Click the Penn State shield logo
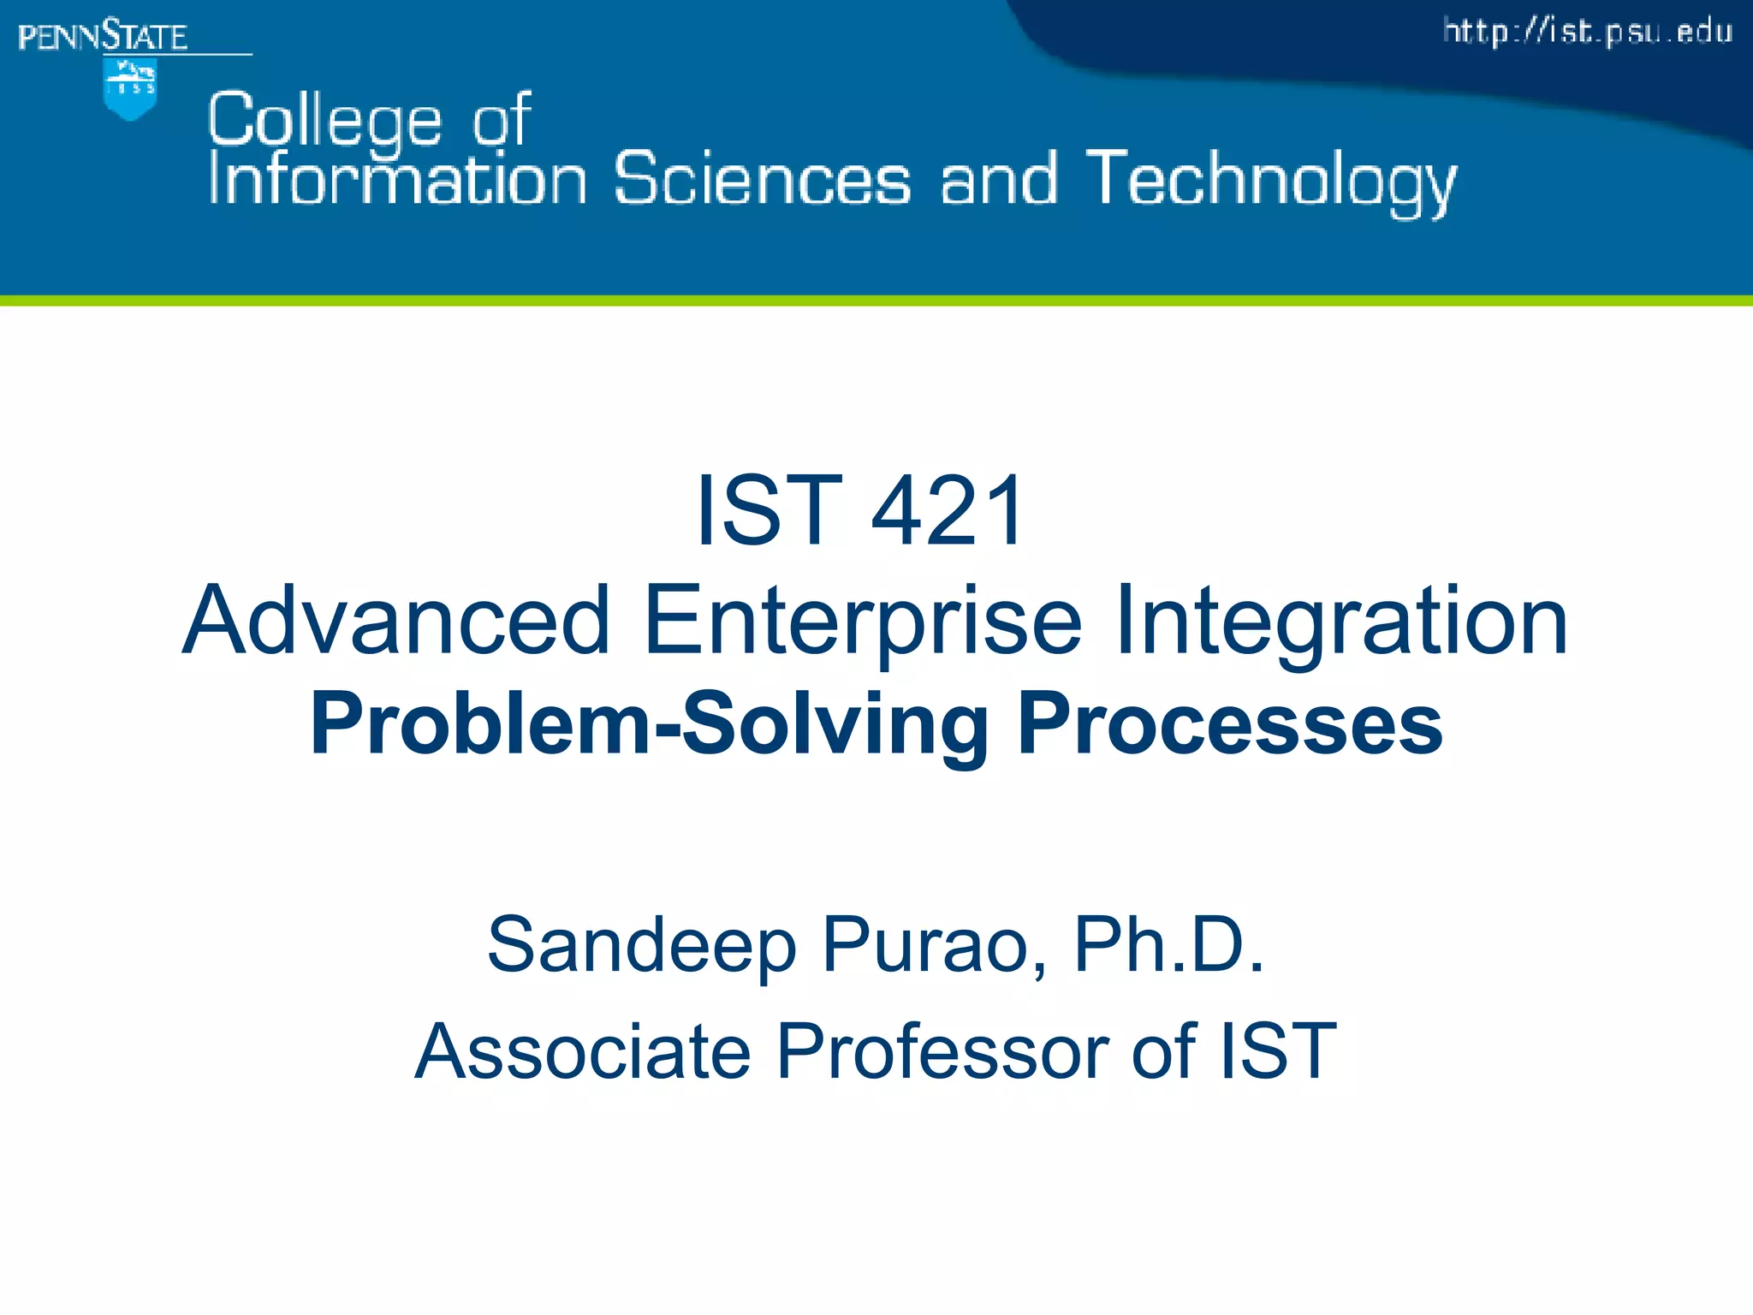[x=129, y=90]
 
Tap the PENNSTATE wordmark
[x=103, y=37]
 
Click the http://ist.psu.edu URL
[x=1588, y=33]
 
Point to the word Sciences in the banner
[x=763, y=179]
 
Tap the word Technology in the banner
[x=1271, y=181]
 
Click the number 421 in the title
[x=947, y=511]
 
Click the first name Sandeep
[x=642, y=945]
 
